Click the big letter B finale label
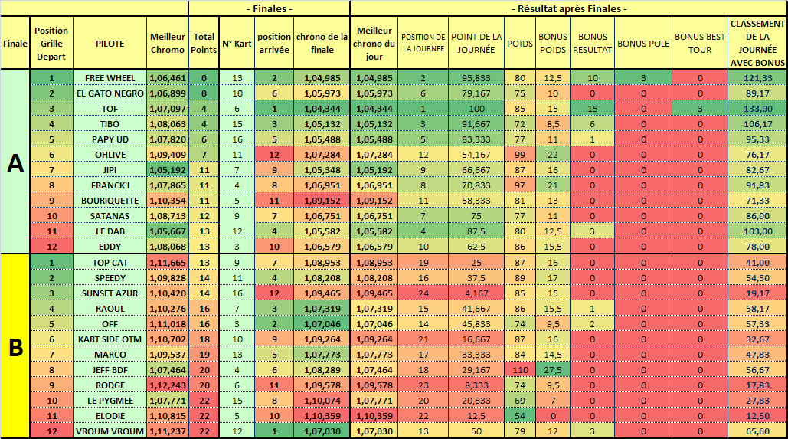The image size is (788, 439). coord(15,346)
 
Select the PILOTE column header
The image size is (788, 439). coord(110,44)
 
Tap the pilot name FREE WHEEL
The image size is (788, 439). coord(110,78)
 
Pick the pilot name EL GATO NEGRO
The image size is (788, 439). coord(110,93)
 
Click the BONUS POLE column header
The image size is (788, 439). coord(643,44)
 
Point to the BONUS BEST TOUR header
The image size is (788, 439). coord(699,44)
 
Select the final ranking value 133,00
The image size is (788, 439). coord(757,109)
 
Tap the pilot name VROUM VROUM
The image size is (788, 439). coord(110,431)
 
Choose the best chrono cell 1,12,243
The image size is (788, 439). coord(168,385)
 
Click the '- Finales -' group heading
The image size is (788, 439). coord(270,8)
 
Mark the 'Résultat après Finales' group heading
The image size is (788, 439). coord(569,8)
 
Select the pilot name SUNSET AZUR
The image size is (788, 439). coord(110,293)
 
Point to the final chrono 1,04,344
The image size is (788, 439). coord(322,109)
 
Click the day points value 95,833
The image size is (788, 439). coord(476,78)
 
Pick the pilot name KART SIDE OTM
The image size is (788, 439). coord(110,339)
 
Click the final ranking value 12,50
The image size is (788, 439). coord(757,416)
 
